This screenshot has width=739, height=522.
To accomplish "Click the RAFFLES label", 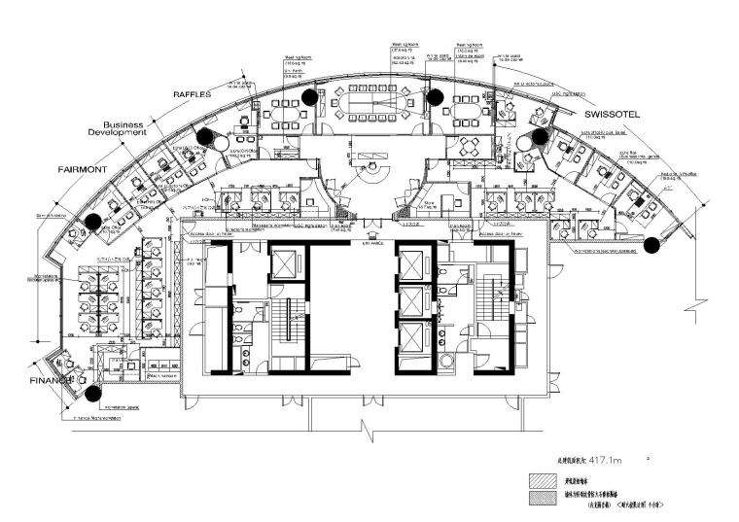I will click(x=193, y=95).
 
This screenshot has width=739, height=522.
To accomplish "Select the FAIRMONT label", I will click(x=84, y=168).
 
